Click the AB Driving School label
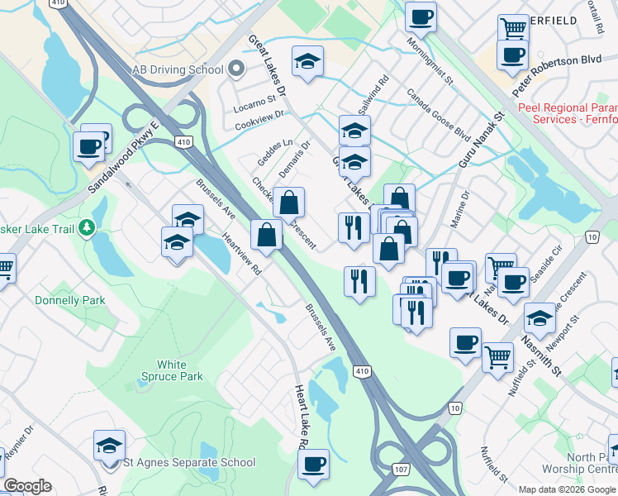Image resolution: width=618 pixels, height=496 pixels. point(172,69)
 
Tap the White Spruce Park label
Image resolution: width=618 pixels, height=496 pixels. point(179,370)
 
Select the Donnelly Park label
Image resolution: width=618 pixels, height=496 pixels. point(70,301)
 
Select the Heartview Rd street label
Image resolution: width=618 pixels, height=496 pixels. point(241,253)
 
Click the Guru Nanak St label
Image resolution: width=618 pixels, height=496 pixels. point(481,141)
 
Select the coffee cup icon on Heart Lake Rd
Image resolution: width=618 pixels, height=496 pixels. point(313,465)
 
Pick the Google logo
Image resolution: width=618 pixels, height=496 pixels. point(26,486)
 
